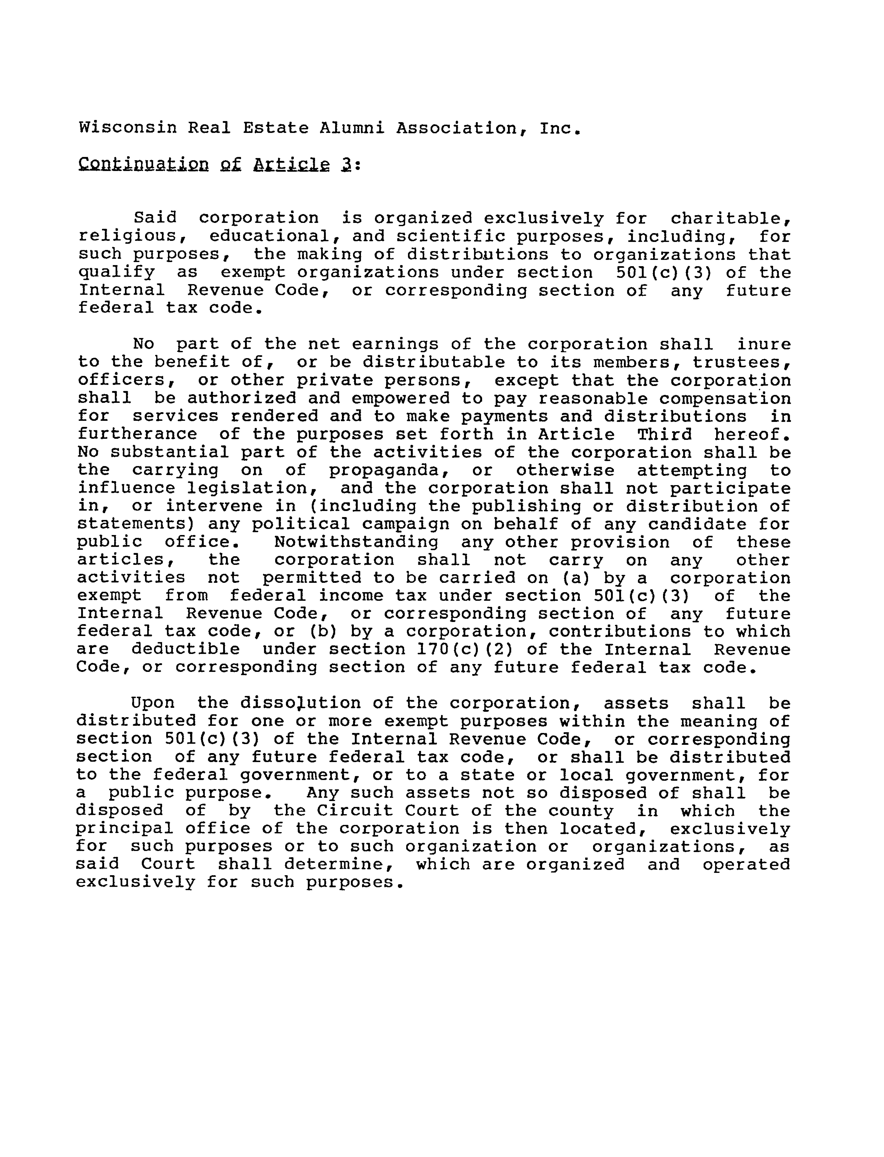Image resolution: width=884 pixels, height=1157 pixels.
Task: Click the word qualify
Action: coord(117,273)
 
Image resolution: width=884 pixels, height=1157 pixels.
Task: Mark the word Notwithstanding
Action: coord(356,542)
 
